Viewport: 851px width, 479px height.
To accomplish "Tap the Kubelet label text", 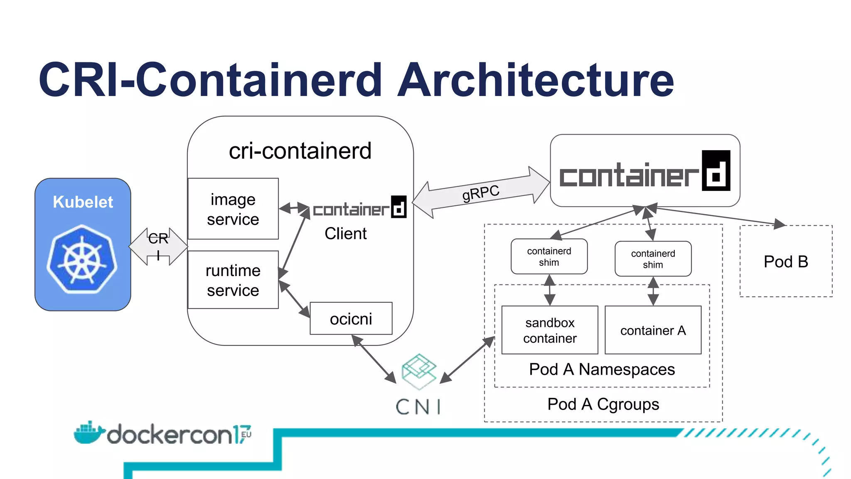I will click(83, 202).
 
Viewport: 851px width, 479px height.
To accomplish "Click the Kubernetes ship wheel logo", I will click(82, 259).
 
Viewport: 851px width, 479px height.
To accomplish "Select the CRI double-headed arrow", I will click(158, 246).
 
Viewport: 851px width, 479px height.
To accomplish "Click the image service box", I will click(233, 209).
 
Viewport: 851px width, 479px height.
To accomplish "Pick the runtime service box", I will click(233, 280).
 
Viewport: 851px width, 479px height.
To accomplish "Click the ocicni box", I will click(351, 319).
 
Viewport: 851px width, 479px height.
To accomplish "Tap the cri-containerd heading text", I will click(300, 151).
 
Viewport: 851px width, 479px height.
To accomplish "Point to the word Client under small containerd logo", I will click(345, 234).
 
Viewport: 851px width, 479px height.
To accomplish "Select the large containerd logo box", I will click(644, 170).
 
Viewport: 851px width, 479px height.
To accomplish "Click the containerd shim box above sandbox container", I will click(549, 257).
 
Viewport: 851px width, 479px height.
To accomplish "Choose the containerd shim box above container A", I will click(653, 259).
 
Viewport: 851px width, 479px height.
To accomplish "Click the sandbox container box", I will click(550, 330).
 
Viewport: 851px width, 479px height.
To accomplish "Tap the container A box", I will click(653, 330).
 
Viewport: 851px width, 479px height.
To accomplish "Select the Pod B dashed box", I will click(786, 262).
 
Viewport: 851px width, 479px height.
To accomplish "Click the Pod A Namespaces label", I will click(602, 369).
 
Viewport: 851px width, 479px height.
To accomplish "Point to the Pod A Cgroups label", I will click(603, 404).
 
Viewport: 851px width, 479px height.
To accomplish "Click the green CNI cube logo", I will click(419, 371).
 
